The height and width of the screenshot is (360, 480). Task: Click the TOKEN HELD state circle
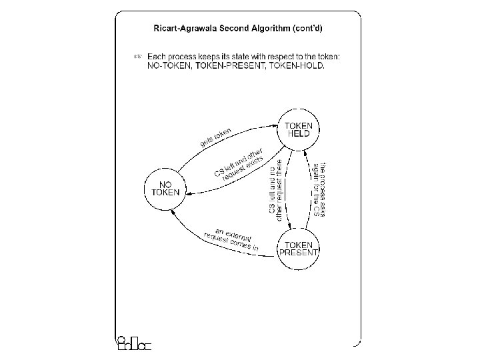(299, 129)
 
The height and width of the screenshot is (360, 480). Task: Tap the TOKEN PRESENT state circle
(298, 248)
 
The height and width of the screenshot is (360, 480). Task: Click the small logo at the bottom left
(133, 343)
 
